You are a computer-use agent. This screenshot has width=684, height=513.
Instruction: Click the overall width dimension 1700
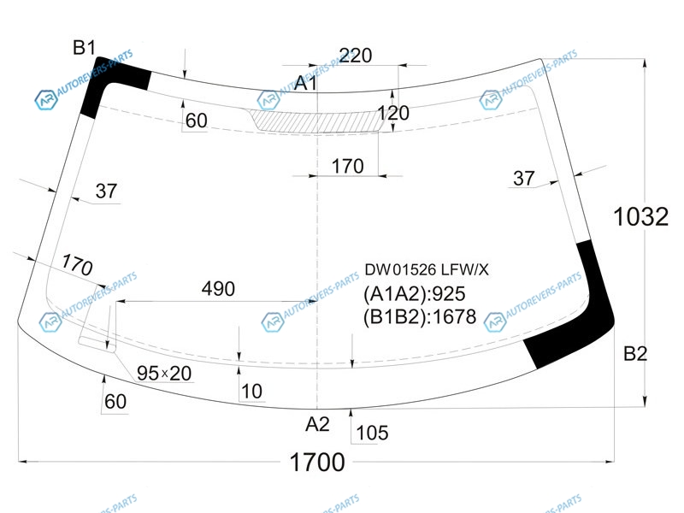317,463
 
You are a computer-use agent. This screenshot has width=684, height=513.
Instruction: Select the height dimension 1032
640,217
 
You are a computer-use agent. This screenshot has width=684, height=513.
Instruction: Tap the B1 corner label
84,49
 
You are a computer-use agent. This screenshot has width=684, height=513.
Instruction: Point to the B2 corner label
635,353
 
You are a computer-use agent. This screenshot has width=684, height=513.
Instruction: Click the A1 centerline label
306,84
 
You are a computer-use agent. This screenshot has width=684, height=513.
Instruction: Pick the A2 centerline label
317,423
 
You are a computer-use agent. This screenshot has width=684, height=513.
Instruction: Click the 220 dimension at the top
356,56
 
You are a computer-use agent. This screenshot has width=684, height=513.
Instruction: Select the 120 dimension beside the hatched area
393,113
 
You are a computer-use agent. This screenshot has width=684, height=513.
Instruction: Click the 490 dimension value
218,289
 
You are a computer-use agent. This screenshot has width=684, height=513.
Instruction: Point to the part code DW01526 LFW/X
427,270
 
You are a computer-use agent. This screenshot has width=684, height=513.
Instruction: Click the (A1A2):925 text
415,295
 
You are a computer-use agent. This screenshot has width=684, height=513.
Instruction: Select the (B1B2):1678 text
420,318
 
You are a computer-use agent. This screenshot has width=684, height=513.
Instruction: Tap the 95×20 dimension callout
165,373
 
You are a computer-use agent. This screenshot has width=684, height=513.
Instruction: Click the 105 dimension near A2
371,433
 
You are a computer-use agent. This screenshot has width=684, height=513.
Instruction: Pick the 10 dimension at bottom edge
252,392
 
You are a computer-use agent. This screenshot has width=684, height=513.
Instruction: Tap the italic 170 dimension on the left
77,266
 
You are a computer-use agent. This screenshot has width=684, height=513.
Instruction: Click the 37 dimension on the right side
523,178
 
